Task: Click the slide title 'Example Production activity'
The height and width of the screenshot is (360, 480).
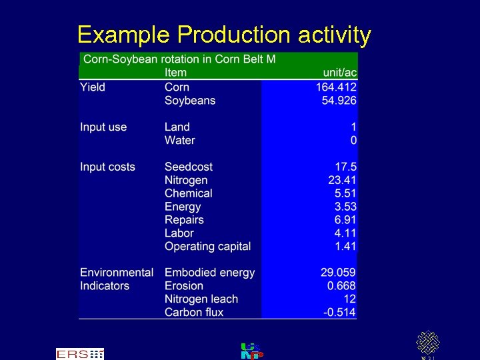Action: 224,35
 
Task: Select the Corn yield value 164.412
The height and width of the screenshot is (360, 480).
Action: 336,87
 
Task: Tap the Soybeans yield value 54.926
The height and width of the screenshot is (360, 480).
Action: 340,101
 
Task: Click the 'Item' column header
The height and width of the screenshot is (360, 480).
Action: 175,73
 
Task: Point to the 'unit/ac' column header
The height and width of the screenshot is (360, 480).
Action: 339,73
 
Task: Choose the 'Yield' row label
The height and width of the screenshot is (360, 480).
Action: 93,87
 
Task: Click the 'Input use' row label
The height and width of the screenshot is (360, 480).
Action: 103,127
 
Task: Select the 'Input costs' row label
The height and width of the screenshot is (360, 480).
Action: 107,167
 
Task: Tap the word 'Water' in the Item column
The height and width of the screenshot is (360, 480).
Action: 180,141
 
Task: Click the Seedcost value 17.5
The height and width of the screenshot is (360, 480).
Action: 345,167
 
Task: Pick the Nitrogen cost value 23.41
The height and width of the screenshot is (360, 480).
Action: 342,180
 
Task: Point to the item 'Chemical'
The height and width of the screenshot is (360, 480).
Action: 189,193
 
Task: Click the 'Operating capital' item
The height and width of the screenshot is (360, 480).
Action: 208,247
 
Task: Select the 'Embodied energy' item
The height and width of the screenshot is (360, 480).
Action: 210,273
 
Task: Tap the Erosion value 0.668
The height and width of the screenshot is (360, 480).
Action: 341,286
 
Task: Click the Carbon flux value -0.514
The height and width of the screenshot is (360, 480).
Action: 339,313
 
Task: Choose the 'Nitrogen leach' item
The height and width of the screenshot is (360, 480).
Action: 201,299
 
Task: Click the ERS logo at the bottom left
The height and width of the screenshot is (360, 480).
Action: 80,354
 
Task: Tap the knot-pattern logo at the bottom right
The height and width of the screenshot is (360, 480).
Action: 427,343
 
